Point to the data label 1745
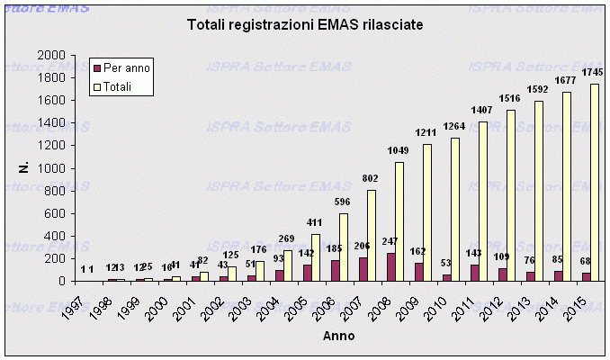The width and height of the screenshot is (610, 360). pos(593,73)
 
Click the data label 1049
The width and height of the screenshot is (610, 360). pos(398,152)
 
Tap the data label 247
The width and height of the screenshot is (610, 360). pos(389,242)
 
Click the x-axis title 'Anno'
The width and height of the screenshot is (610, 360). pos(339,337)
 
